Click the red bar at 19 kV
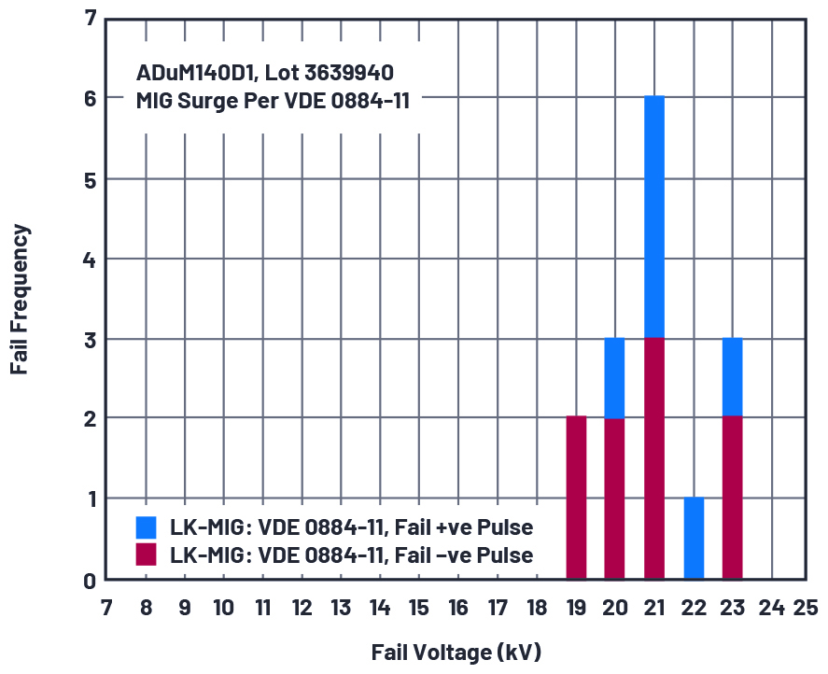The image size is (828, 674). pyautogui.click(x=576, y=498)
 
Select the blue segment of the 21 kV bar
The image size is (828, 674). pyautogui.click(x=653, y=217)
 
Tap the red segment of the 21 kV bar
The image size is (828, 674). pyautogui.click(x=653, y=458)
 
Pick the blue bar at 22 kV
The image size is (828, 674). pyautogui.click(x=694, y=539)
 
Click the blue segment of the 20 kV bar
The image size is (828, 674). pyautogui.click(x=614, y=378)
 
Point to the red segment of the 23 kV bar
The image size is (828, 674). pyautogui.click(x=732, y=498)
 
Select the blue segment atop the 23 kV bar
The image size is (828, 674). pyautogui.click(x=732, y=378)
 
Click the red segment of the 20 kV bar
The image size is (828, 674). pyautogui.click(x=614, y=498)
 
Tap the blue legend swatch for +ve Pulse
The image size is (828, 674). pyautogui.click(x=146, y=527)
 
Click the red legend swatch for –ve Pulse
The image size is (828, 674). pyautogui.click(x=146, y=555)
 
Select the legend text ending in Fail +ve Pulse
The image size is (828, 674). pyautogui.click(x=351, y=527)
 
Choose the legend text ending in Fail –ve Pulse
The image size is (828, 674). pyautogui.click(x=351, y=555)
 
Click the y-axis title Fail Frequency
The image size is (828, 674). pyautogui.click(x=21, y=299)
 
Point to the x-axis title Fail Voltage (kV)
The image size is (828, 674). pyautogui.click(x=456, y=652)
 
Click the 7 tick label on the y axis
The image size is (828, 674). pyautogui.click(x=90, y=18)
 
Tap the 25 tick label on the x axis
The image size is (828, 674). pyautogui.click(x=806, y=608)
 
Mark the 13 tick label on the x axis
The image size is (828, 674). pyautogui.click(x=341, y=608)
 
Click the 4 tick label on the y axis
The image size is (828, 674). pyautogui.click(x=90, y=259)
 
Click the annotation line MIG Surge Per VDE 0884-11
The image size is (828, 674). pyautogui.click(x=273, y=100)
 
